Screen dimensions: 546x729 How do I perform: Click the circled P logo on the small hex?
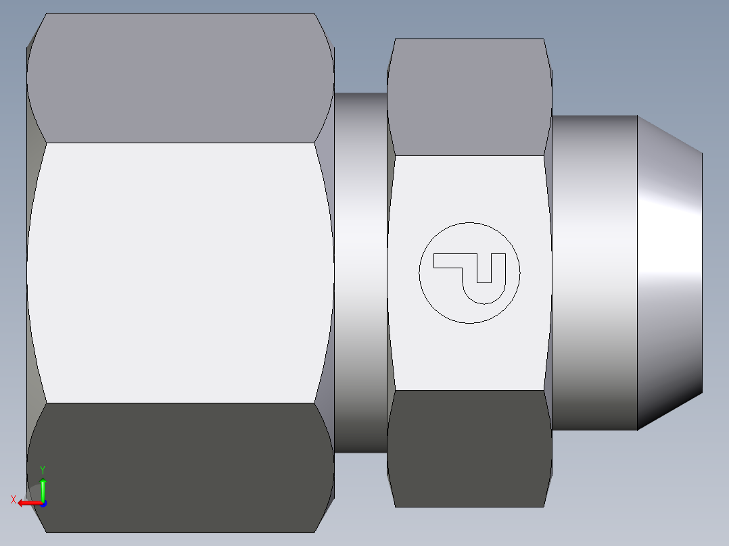tap(469, 272)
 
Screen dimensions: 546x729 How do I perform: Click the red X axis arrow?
tap(27, 503)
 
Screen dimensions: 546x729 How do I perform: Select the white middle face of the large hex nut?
tap(180, 272)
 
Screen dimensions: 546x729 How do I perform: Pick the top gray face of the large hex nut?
tap(180, 78)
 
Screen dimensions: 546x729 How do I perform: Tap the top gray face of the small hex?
tap(469, 97)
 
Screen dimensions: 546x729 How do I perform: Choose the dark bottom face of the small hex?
tap(469, 447)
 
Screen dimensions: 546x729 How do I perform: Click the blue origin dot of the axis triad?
tap(43, 503)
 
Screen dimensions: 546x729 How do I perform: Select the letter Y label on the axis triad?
tap(43, 469)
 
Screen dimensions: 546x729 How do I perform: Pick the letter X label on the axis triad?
tap(14, 500)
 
